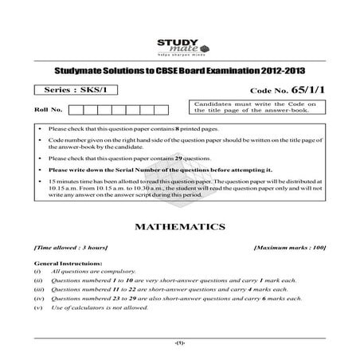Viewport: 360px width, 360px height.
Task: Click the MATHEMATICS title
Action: point(179,227)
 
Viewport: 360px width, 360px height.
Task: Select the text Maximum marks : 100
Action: point(290,248)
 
